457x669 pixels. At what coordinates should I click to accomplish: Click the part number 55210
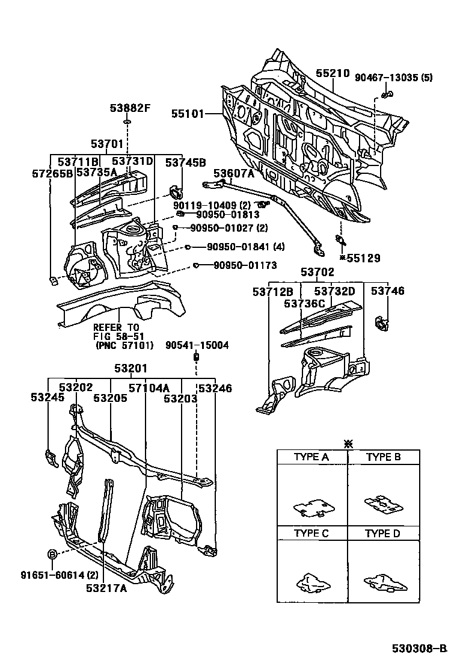(333, 74)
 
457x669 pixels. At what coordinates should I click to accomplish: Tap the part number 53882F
(129, 108)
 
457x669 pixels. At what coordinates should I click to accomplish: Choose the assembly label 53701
(108, 144)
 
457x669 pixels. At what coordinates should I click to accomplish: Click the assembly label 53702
(317, 273)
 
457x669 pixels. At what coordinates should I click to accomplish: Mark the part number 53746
(387, 291)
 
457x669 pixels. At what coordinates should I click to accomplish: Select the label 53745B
(186, 162)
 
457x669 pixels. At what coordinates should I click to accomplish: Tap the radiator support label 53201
(130, 368)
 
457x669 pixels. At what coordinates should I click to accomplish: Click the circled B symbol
(52, 553)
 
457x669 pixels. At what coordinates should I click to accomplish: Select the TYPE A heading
(311, 457)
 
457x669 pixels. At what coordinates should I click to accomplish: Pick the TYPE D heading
(383, 534)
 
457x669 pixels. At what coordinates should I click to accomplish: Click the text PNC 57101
(125, 345)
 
